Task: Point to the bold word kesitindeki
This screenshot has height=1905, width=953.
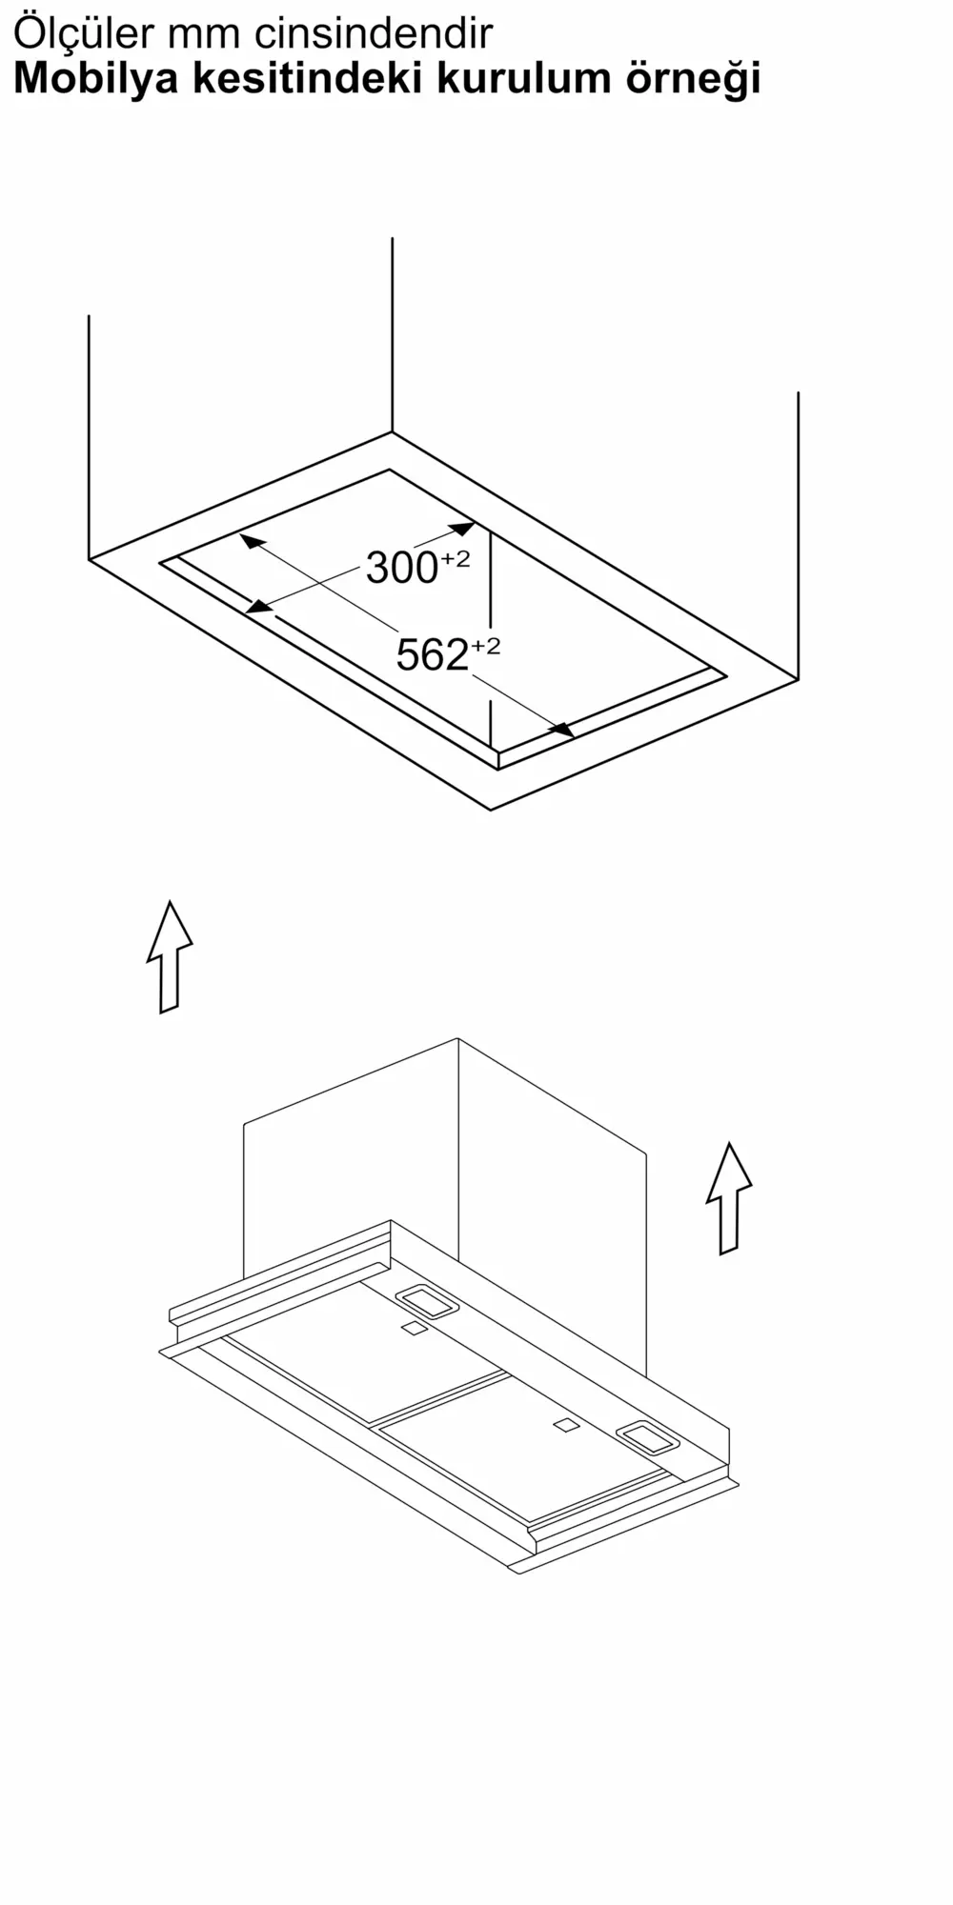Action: click(x=308, y=78)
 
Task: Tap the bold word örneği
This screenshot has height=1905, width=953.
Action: click(x=693, y=80)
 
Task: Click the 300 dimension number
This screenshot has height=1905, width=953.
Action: click(x=401, y=569)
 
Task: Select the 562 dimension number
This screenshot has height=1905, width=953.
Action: click(x=432, y=655)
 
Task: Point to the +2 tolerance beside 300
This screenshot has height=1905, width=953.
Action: click(x=455, y=559)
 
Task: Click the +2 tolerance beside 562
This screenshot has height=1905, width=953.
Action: click(x=485, y=647)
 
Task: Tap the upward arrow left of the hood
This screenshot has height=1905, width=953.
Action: click(x=170, y=956)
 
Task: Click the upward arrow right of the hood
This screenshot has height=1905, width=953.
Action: click(x=729, y=1198)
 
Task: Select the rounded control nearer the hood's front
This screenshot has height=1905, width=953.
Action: click(x=648, y=1437)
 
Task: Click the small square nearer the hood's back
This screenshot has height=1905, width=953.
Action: click(x=414, y=1329)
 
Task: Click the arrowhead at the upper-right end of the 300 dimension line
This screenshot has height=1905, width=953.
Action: click(x=462, y=528)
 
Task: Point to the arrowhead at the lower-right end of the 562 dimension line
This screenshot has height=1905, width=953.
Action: click(x=561, y=730)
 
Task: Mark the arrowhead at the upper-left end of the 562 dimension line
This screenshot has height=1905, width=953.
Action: click(x=252, y=541)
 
